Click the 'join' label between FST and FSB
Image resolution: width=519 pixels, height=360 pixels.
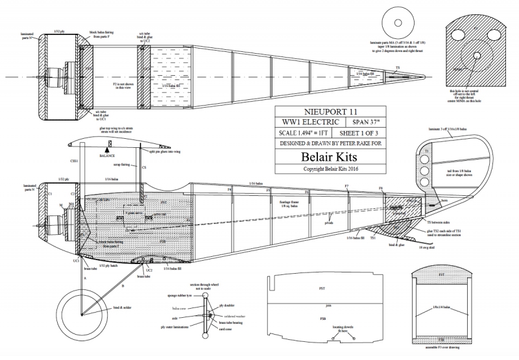click(x=329, y=303)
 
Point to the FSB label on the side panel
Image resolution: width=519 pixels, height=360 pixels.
click(x=322, y=319)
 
